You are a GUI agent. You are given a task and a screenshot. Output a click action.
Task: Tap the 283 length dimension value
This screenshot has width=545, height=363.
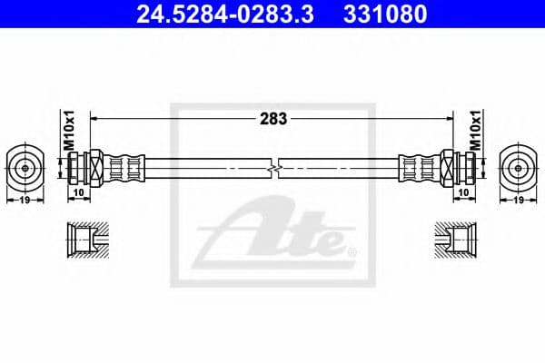pyautogui.click(x=273, y=118)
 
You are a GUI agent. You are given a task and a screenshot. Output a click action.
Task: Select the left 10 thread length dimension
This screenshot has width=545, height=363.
pyautogui.click(x=79, y=192)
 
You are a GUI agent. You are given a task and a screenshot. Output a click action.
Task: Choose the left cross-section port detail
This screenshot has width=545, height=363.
pyautogui.click(x=89, y=240)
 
